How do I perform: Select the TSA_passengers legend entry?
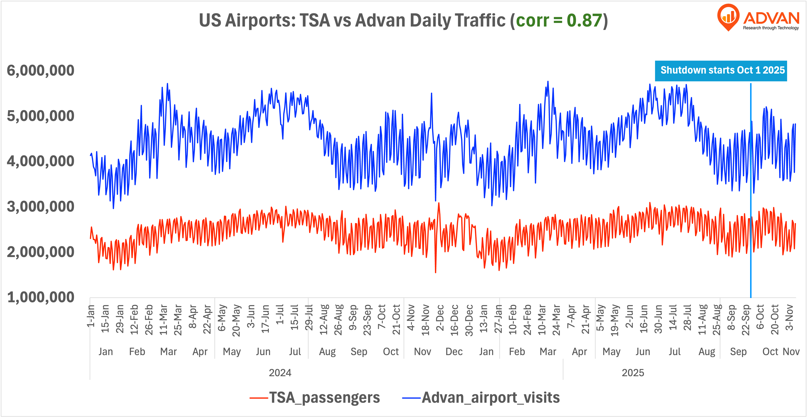coord(315,398)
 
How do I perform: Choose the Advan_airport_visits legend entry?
coord(481,398)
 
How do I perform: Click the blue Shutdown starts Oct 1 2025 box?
coord(721,71)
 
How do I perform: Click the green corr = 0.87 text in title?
coord(559,21)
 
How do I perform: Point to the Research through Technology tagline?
coord(771,28)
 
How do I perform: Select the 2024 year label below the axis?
coord(280,373)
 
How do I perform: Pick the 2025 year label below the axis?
coord(633,373)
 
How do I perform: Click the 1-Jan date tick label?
coord(91,316)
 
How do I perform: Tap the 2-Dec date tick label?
coord(440,318)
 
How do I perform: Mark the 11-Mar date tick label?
coord(164,319)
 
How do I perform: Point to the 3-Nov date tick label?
coord(790,318)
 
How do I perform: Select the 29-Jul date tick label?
coord(309,318)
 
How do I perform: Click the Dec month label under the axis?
coord(454,352)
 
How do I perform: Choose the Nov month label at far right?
coord(791,352)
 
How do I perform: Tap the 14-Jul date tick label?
coord(673,318)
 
